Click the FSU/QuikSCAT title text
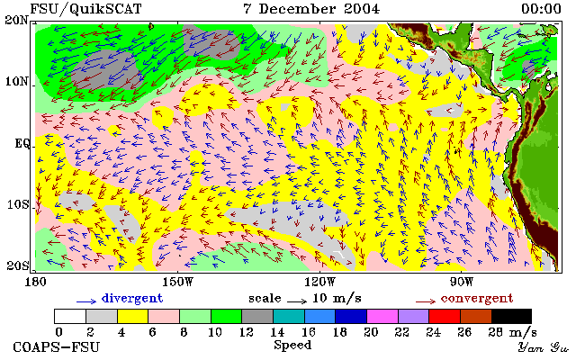85,9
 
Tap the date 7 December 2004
311,9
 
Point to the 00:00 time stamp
541,9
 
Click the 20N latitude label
16,20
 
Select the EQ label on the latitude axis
22,143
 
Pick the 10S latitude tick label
17,204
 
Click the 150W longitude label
178,282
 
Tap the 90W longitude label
461,282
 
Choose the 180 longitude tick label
35,282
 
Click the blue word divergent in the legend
132,299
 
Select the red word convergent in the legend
477,299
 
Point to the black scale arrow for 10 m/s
297,301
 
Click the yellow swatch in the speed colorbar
133,317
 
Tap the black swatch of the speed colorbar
511,317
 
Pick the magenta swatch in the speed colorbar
382,317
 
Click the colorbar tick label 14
277,332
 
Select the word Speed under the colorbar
292,345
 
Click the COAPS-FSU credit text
57,346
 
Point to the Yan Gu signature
543,347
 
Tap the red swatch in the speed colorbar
445,317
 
